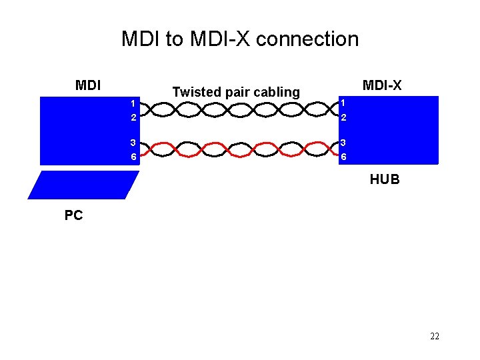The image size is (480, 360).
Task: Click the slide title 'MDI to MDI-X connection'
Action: click(x=240, y=39)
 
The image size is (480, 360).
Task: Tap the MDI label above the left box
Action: click(x=88, y=85)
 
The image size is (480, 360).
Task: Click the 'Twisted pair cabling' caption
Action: click(x=236, y=92)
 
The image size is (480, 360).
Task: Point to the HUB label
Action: click(x=385, y=179)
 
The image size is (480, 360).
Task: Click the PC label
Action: click(x=73, y=215)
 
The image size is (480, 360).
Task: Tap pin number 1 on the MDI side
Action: click(x=133, y=103)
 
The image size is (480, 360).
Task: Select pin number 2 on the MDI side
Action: click(x=133, y=117)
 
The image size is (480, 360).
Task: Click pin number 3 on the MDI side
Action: click(x=133, y=142)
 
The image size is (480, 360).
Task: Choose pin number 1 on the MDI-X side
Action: click(x=343, y=103)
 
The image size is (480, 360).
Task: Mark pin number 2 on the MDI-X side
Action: click(x=343, y=117)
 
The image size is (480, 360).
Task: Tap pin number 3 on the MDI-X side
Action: click(x=343, y=142)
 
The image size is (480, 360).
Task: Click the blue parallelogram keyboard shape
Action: click(x=83, y=185)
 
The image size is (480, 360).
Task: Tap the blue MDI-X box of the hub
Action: click(x=393, y=130)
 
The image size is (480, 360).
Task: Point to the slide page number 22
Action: click(x=435, y=337)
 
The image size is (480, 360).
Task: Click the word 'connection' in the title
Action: click(x=307, y=39)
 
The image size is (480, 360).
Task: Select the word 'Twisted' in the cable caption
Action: click(x=194, y=92)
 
